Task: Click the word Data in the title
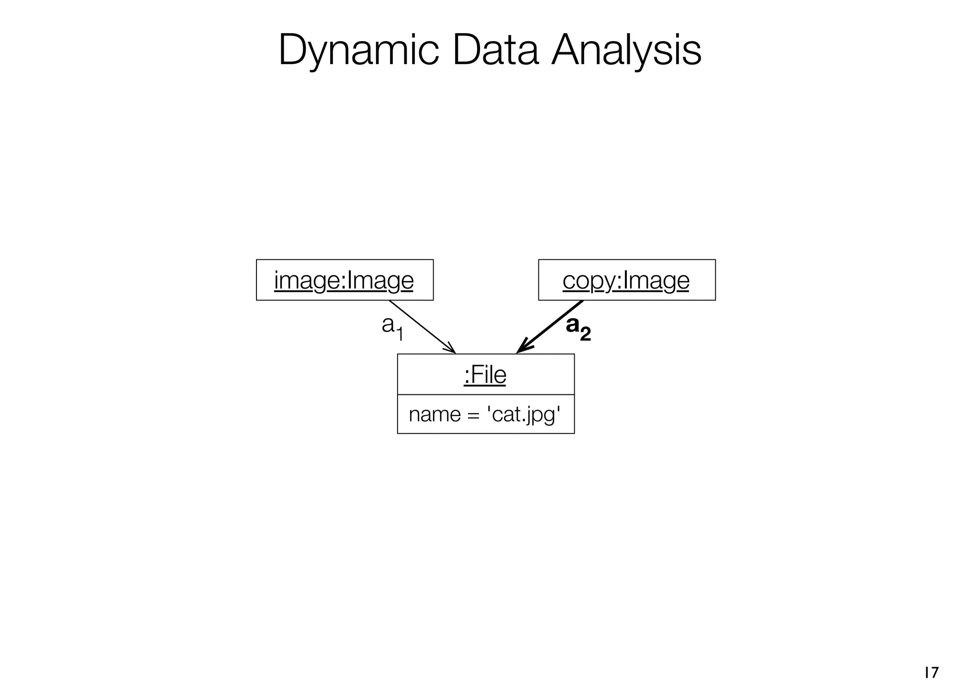click(495, 50)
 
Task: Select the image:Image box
click(345, 280)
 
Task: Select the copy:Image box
click(626, 280)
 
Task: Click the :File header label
click(485, 375)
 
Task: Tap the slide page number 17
click(931, 672)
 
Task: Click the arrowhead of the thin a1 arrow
click(451, 349)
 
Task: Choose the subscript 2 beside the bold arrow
click(585, 334)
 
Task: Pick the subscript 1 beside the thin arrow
click(400, 334)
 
